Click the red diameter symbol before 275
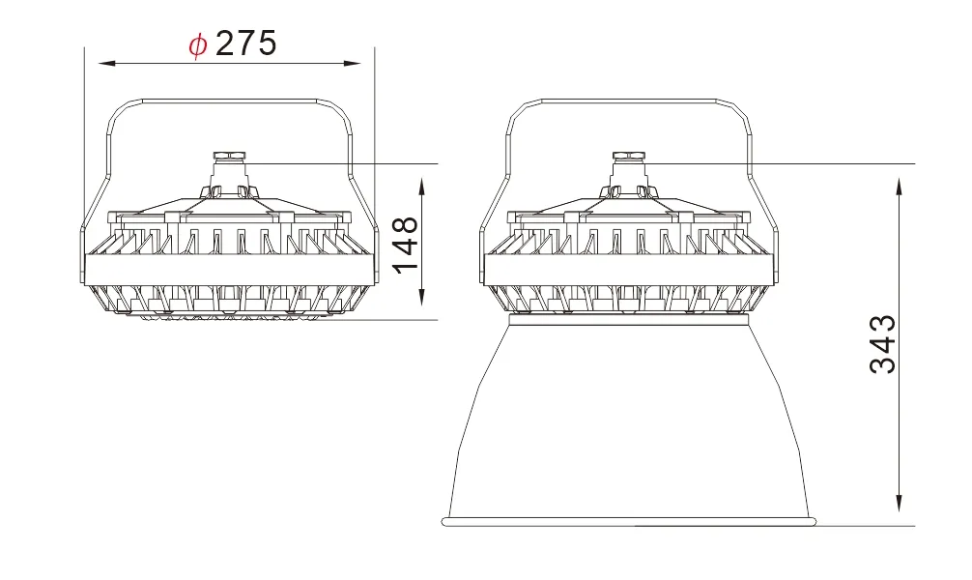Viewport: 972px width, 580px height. point(198,44)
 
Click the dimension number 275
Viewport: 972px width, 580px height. point(246,43)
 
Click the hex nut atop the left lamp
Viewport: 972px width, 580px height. point(228,155)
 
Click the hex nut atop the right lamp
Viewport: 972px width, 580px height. point(628,155)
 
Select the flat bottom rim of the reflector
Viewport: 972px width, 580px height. point(630,522)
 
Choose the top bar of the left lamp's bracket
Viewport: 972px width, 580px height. point(228,99)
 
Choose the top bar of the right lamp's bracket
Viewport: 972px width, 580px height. point(628,99)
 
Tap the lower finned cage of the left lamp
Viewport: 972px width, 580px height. point(228,300)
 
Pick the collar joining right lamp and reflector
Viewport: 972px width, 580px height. point(628,318)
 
